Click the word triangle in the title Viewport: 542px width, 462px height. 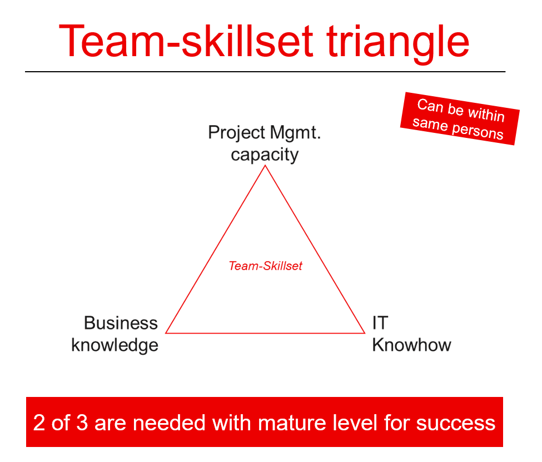395,41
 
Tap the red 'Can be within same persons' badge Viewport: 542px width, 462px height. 459,118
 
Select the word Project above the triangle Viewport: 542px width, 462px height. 236,133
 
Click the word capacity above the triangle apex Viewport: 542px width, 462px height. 265,154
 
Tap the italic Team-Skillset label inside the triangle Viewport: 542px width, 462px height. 265,266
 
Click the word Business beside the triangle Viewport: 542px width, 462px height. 121,323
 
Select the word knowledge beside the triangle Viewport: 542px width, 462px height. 115,345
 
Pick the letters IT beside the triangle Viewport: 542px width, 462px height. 380,323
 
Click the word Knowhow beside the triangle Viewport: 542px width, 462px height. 411,345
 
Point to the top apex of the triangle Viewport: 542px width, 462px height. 265,166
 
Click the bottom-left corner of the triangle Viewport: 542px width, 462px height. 166,333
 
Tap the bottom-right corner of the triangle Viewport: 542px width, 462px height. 365,333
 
